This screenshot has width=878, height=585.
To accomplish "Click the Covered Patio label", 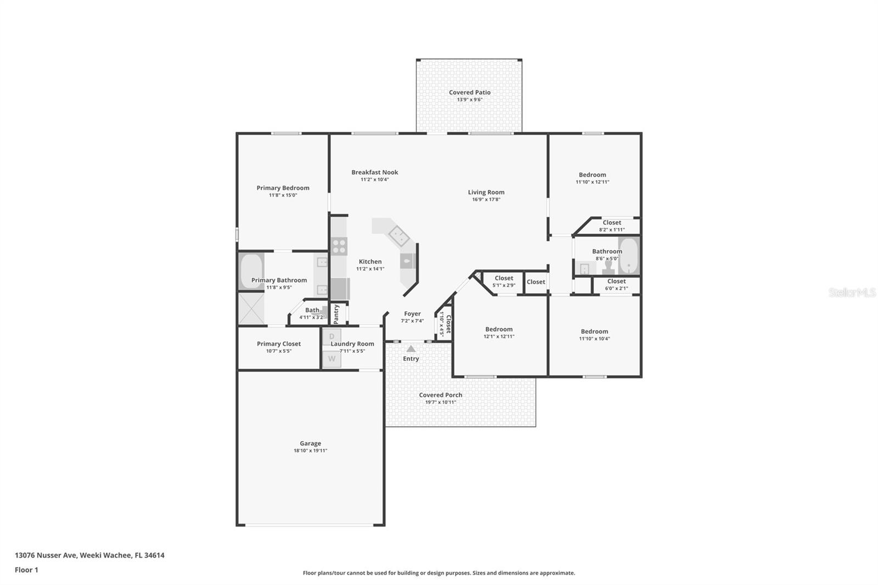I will tap(470, 92).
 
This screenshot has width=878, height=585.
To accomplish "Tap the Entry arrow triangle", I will tap(411, 348).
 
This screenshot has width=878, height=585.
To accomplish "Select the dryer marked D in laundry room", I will tap(332, 336).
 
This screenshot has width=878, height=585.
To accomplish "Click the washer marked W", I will tap(332, 359).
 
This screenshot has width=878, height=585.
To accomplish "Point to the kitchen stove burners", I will tap(339, 246).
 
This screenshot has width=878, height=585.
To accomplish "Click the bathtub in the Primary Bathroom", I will tap(251, 271).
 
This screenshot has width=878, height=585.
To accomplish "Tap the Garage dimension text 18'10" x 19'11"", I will tap(310, 451).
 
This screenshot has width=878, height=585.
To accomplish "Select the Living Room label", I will tap(486, 192).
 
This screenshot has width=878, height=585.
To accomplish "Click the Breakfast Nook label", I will tap(375, 172).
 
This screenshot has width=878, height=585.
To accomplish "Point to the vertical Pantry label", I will tap(336, 314).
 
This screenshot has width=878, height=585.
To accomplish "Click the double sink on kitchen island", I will tap(399, 237).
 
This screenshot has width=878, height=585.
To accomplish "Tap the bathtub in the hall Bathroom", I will tap(628, 256).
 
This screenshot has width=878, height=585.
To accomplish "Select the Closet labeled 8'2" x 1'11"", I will tap(611, 223).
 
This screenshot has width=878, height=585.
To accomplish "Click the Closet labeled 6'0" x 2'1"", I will tap(616, 282).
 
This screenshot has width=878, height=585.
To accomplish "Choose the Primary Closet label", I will tap(279, 344).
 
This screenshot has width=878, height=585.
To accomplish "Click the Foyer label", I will tap(412, 314).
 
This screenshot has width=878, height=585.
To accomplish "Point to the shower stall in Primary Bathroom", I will tap(251, 309).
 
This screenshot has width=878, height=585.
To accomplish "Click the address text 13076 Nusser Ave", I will tap(46, 555).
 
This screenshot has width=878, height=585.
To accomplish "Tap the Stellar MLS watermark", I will tap(852, 292).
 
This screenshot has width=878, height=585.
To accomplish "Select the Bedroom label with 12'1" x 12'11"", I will tap(499, 329).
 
